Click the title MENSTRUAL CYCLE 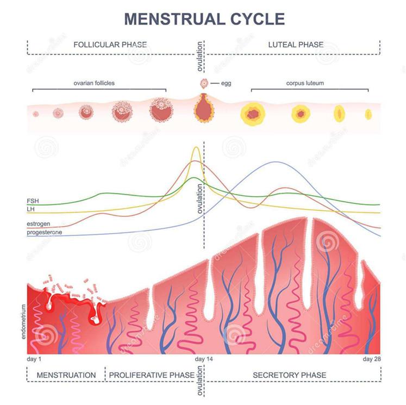(x=204, y=18)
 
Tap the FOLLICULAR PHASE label (x=110, y=45)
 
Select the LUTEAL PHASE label (x=296, y=45)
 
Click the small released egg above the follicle (x=204, y=83)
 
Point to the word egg (x=226, y=83)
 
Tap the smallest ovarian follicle (x=36, y=114)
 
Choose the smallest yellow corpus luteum (x=368, y=114)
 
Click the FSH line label (x=33, y=201)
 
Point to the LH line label (x=32, y=209)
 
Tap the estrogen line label (x=39, y=224)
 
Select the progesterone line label (x=45, y=232)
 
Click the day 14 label (x=204, y=360)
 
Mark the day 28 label (x=371, y=360)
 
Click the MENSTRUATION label (x=66, y=375)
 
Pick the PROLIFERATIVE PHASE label (x=152, y=375)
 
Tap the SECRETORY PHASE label (x=289, y=375)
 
